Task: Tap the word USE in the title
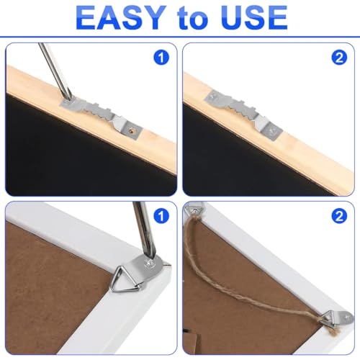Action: pyautogui.click(x=252, y=17)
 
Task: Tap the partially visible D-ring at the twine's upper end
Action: pyautogui.click(x=193, y=210)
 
